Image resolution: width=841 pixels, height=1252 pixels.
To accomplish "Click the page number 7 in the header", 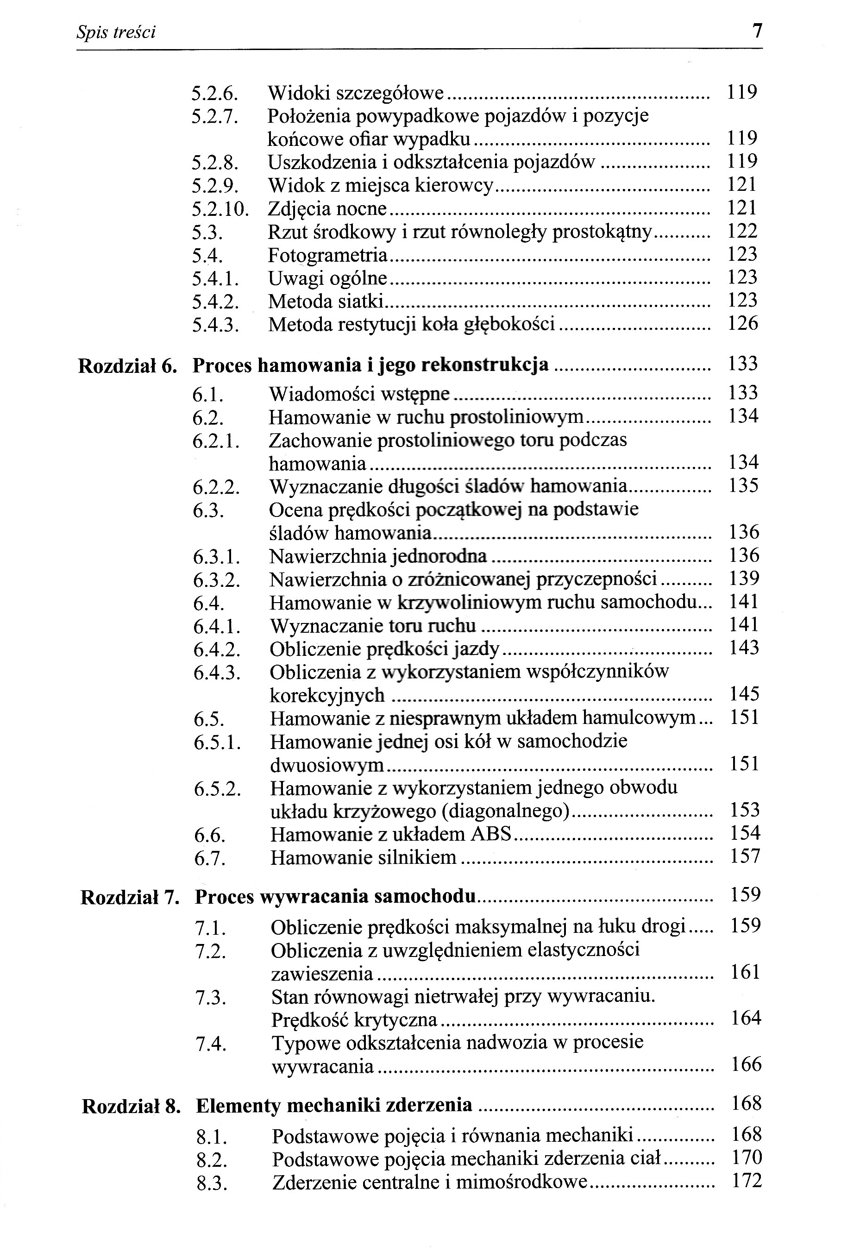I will (757, 31).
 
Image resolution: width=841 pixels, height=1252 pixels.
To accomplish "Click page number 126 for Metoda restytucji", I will (742, 323).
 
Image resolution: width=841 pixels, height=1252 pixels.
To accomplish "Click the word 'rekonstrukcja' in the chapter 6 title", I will (485, 365).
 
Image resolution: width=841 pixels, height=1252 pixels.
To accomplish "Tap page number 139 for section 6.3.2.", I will (744, 578).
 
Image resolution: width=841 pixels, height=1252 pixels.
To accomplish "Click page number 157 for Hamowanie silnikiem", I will (745, 856).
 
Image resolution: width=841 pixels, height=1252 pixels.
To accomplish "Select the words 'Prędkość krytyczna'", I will (354, 1020).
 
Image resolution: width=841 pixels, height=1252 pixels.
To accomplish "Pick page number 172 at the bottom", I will (747, 1181).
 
